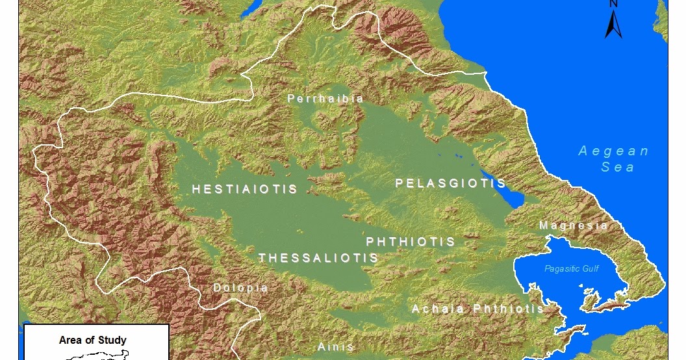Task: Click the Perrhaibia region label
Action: coord(325,99)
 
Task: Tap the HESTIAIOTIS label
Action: coord(244,189)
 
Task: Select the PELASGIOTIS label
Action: coord(450,183)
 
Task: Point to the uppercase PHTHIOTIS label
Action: coord(411,242)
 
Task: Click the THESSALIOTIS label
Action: coord(318,258)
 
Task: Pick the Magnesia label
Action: coord(573,225)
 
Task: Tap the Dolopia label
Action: coord(240,288)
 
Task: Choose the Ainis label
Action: coord(335,347)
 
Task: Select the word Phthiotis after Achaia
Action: coord(509,309)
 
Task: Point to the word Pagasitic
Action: coord(563,268)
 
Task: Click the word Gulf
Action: coord(591,268)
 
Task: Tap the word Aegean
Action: coord(613,151)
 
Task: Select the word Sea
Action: coord(615,167)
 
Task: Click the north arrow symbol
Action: coord(613,25)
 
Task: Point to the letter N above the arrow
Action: coord(613,4)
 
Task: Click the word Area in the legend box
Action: coord(71,340)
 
